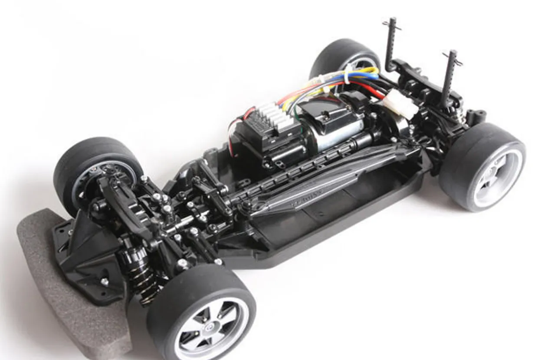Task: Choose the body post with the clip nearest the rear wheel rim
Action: click(x=449, y=78)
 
